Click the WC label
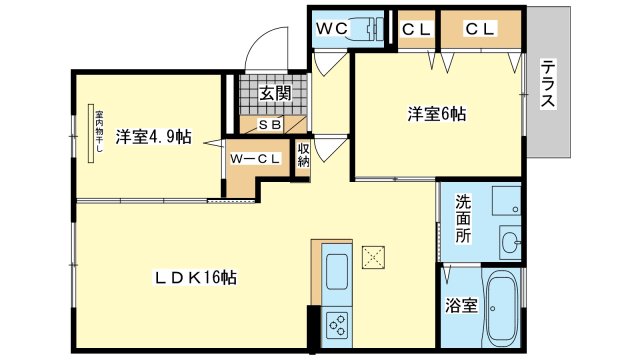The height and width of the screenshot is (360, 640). point(332,28)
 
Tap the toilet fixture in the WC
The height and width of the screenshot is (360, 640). point(366,29)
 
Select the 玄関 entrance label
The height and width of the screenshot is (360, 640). point(276,93)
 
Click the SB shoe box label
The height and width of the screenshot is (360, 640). point(270,124)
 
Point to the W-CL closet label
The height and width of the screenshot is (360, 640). point(255,159)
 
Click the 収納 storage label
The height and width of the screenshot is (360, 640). point(303,155)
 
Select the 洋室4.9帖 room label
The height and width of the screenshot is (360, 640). point(153,137)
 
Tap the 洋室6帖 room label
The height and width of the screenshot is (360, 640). point(436,114)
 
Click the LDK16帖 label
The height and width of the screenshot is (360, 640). point(195,278)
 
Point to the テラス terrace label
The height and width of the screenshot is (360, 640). point(548,83)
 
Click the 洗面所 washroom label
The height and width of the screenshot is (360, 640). point(463,219)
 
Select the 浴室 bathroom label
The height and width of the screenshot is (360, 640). point(461,305)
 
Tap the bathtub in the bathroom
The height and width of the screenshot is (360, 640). point(502,309)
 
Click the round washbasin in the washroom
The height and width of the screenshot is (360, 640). point(509,242)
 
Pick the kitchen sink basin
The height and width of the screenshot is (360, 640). point(337,272)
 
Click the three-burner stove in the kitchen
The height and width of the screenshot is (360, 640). point(337,325)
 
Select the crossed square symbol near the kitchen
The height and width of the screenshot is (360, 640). point(373,257)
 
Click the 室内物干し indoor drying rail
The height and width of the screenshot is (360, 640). point(91,133)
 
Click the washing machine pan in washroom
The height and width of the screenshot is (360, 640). point(507,200)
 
